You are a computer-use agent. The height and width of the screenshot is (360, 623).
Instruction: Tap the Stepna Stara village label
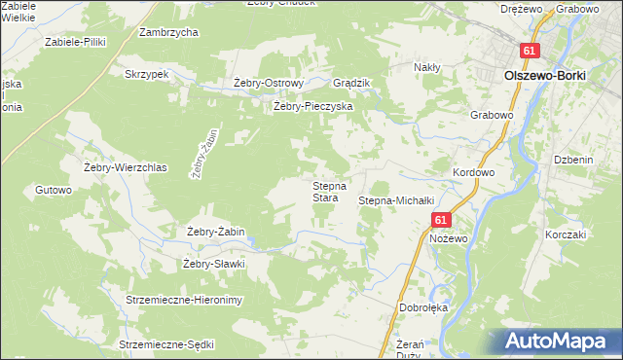[325, 192]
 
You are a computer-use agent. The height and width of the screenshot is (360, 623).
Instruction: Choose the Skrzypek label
[147, 73]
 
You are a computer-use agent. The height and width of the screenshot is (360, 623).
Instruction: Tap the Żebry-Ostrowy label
[270, 83]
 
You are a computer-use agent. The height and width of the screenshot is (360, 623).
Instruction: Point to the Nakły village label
[427, 67]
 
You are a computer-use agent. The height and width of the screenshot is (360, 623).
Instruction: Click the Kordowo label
[474, 172]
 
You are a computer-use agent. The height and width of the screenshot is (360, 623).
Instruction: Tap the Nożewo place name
[449, 238]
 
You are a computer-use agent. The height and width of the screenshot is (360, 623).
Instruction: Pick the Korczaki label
[566, 234]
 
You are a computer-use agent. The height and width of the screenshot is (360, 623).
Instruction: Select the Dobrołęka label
[422, 307]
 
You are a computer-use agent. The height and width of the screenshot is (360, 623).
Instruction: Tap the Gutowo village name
[54, 190]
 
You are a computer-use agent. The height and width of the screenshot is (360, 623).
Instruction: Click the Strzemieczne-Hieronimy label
[183, 300]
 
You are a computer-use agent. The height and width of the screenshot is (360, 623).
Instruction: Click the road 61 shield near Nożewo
[441, 221]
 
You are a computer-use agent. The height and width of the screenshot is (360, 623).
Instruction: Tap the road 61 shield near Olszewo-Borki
[529, 51]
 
